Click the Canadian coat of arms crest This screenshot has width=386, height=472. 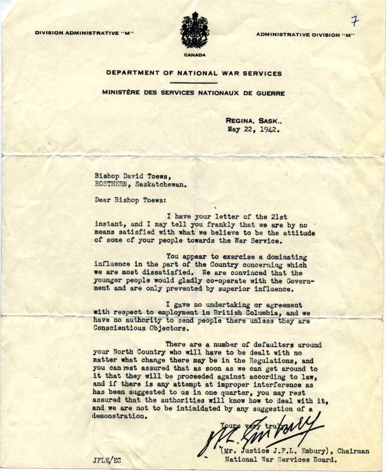195,31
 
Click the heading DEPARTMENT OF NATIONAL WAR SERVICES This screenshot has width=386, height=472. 194,73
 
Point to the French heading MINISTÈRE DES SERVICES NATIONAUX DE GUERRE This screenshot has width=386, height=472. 193,93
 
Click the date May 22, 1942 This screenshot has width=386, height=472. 254,130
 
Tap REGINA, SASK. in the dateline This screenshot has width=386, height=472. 253,121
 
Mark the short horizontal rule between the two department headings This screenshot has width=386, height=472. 194,83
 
